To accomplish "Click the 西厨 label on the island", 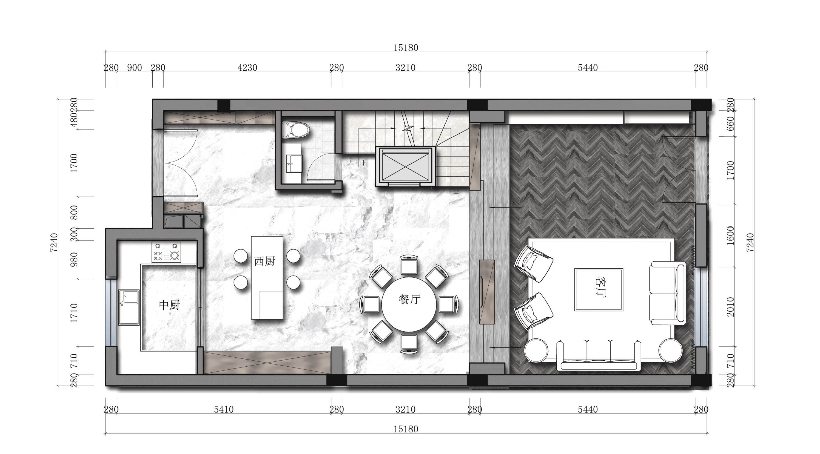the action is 264,261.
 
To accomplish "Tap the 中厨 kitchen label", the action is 170,305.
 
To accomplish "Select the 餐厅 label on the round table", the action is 409,299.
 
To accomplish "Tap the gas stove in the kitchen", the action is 166,252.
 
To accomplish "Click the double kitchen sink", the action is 129,307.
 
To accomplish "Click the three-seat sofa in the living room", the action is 599,355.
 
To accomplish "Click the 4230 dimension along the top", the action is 247,68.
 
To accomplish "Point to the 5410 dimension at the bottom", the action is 224,409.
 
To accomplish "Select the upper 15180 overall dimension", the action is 406,48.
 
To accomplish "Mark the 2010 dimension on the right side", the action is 731,307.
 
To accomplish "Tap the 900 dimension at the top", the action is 134,68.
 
